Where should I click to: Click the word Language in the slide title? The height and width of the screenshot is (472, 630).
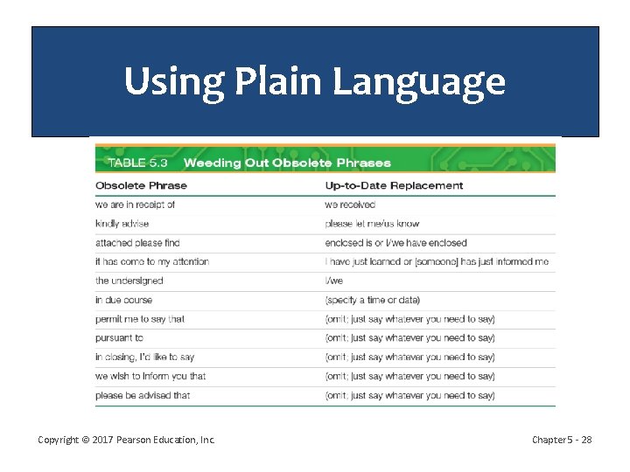(417, 82)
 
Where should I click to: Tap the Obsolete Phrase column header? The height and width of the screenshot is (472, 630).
(141, 185)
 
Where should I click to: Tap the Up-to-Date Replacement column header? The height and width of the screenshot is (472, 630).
(394, 185)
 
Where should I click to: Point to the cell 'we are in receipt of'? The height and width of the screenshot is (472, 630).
(135, 205)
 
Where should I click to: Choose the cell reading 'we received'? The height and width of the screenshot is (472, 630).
(350, 205)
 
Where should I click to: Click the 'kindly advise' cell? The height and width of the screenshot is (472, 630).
(122, 224)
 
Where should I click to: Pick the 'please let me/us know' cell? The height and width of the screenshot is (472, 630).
(372, 224)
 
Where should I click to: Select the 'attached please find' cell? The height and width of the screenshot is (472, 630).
(137, 243)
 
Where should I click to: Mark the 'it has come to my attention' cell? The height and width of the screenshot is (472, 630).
(152, 261)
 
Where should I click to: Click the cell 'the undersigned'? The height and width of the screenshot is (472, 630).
(129, 281)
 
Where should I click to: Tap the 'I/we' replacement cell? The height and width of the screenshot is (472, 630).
(334, 281)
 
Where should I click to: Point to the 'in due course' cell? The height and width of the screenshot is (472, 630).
(123, 300)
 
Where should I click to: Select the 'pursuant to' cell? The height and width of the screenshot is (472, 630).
(119, 337)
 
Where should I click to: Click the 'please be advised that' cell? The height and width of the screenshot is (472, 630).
(143, 395)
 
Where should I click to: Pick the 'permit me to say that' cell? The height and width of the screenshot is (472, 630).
(140, 319)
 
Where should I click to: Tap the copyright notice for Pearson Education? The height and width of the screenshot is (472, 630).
(127, 440)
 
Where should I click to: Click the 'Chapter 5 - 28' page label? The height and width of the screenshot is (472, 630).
(562, 440)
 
